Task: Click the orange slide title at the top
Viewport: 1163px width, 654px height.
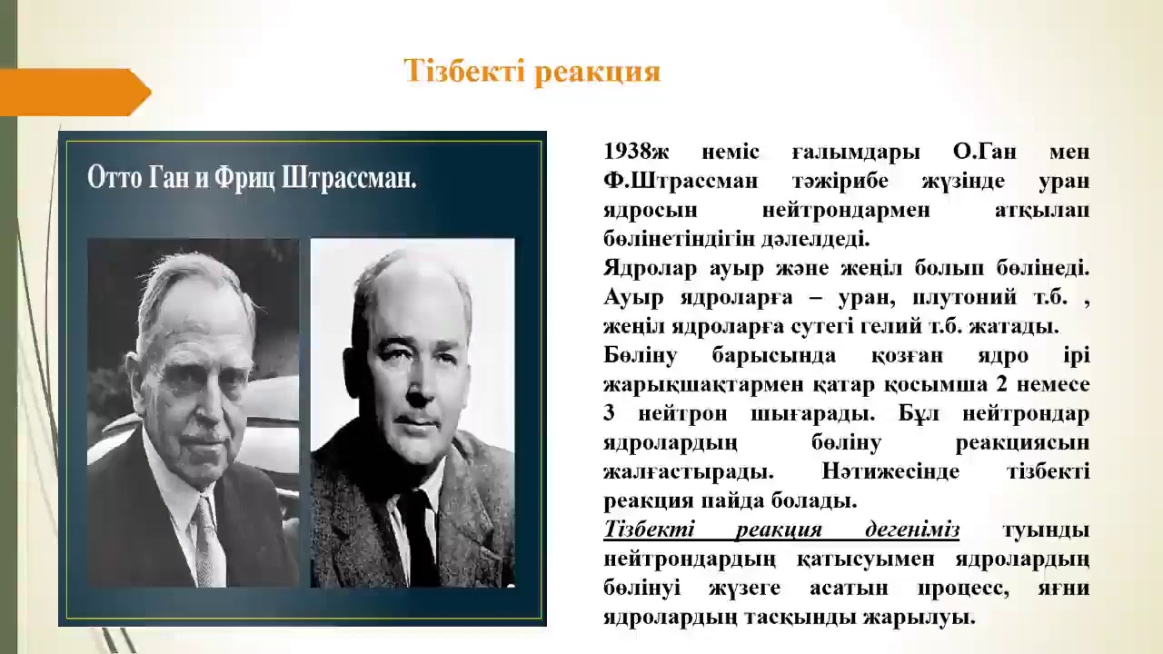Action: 532,72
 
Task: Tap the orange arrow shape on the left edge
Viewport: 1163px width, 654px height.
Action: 73,93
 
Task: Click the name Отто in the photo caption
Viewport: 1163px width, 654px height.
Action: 114,177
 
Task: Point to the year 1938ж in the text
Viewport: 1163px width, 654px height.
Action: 641,152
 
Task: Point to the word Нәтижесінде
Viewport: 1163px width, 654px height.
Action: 887,471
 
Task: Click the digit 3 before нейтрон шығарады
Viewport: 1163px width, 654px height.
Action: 609,413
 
